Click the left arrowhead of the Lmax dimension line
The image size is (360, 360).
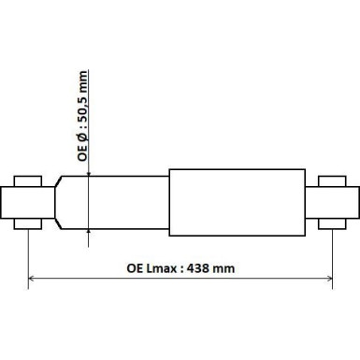[34, 278]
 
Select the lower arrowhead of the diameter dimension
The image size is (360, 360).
[88, 226]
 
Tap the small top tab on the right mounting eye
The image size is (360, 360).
[333, 179]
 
